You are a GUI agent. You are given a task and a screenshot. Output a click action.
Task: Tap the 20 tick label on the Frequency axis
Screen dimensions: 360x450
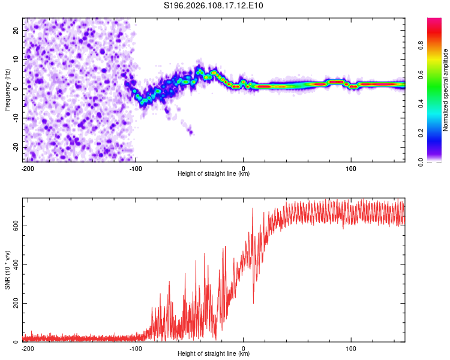point(16,29)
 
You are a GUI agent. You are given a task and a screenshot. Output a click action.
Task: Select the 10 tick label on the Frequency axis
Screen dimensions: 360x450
point(16,59)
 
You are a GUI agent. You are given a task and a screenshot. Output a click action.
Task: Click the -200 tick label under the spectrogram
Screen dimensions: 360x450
point(27,167)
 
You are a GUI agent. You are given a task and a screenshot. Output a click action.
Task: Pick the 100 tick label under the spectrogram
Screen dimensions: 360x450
point(351,167)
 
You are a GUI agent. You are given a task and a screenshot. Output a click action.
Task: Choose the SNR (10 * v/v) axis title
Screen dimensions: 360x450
point(7,270)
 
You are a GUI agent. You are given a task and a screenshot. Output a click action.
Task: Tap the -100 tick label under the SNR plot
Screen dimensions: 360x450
point(136,347)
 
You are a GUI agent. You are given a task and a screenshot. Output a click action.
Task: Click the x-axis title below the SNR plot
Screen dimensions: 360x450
point(214,353)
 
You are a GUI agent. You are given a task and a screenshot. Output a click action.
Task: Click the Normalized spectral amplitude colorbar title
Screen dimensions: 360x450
point(446,90)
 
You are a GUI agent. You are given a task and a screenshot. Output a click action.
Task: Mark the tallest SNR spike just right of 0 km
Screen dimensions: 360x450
point(253,209)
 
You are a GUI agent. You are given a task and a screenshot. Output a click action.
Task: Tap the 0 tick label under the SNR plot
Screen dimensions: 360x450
point(244,347)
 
